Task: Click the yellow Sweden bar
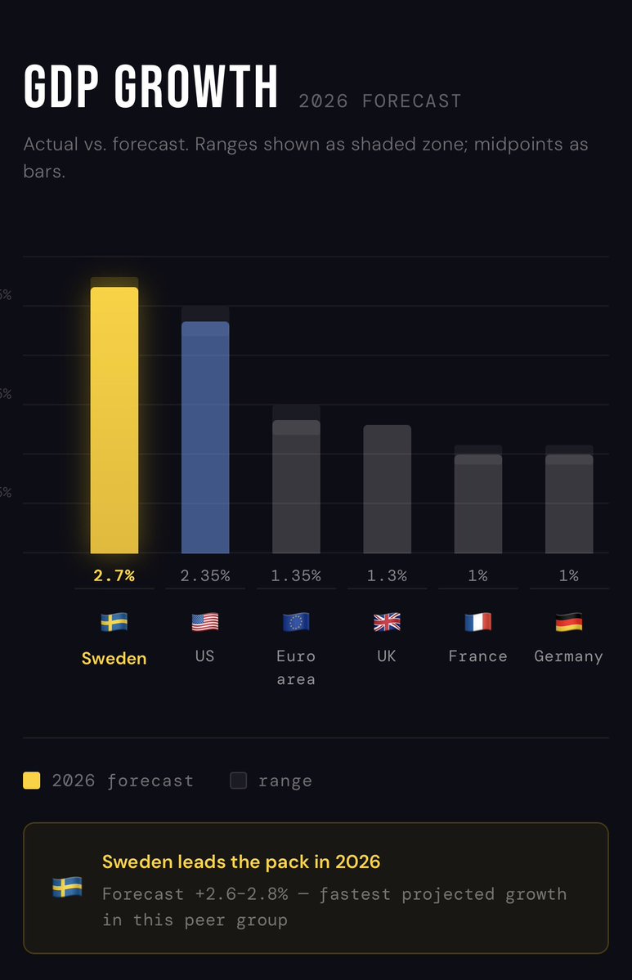[x=114, y=420]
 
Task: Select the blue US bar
[x=205, y=437]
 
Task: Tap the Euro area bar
[x=296, y=487]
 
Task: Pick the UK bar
[x=387, y=489]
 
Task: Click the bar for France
[x=477, y=503]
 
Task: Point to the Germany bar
[x=569, y=503]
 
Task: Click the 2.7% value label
[x=114, y=575]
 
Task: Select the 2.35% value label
[x=205, y=575]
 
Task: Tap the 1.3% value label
[x=387, y=575]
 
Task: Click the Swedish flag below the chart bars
[x=114, y=623]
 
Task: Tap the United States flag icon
[x=205, y=623]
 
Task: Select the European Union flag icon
[x=296, y=623]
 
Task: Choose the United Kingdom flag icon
[x=387, y=623]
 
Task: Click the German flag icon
[x=569, y=623]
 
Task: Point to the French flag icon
[x=477, y=623]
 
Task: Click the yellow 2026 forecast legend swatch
[x=32, y=781]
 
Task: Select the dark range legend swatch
[x=238, y=781]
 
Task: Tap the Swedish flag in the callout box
[x=66, y=888]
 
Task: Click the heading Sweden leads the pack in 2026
[x=241, y=861]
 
